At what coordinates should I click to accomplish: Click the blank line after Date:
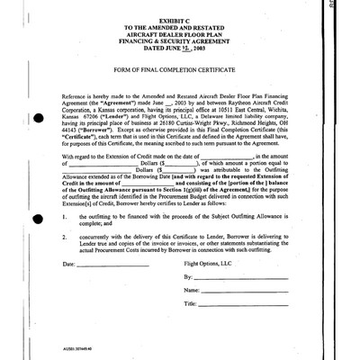112,266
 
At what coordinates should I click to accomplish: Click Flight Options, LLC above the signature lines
208,265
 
